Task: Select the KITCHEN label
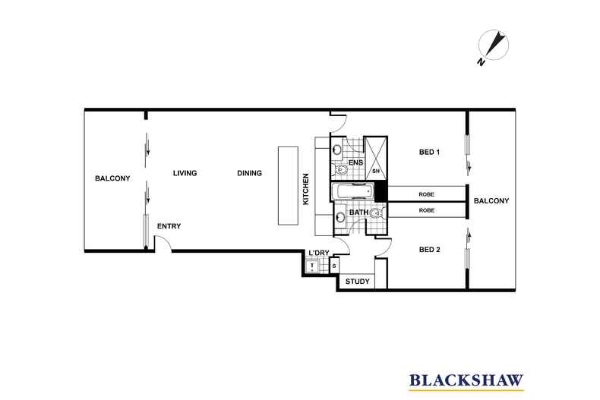306,190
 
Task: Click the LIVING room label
185,173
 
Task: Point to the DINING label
249,173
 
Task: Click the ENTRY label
169,226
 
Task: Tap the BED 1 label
430,153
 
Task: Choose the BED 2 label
430,248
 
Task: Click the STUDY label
357,282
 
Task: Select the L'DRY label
318,254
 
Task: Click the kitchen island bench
289,186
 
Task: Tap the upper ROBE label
427,194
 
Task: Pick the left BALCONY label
113,178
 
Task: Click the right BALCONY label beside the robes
491,200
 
